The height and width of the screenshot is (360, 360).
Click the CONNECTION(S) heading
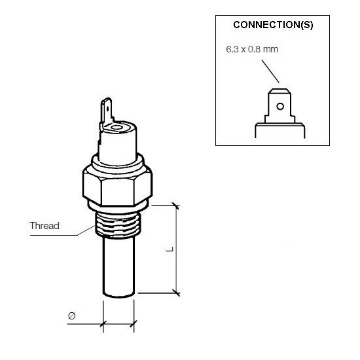[x=273, y=25]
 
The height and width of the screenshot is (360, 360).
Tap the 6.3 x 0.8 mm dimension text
[x=252, y=49]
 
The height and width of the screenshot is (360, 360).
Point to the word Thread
[x=45, y=226]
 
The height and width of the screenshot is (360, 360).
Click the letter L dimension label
[x=170, y=249]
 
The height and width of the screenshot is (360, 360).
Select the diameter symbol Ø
[x=71, y=316]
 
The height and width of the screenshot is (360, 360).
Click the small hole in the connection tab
[x=280, y=106]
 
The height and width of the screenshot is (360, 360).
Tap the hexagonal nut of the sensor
[x=117, y=185]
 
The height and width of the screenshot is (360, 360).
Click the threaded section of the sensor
[x=118, y=225]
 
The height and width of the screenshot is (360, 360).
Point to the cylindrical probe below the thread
[x=118, y=266]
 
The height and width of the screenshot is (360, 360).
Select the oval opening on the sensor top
[x=117, y=128]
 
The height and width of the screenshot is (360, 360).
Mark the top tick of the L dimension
[x=176, y=206]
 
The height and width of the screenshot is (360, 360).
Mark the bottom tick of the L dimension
[x=176, y=293]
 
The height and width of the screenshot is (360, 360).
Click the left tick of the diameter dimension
[x=103, y=324]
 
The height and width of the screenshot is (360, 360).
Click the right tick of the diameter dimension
[x=134, y=324]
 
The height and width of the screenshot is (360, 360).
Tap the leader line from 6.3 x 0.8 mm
[x=270, y=71]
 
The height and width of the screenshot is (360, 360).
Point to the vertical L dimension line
[x=176, y=249]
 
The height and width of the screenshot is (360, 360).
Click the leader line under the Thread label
[x=62, y=232]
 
